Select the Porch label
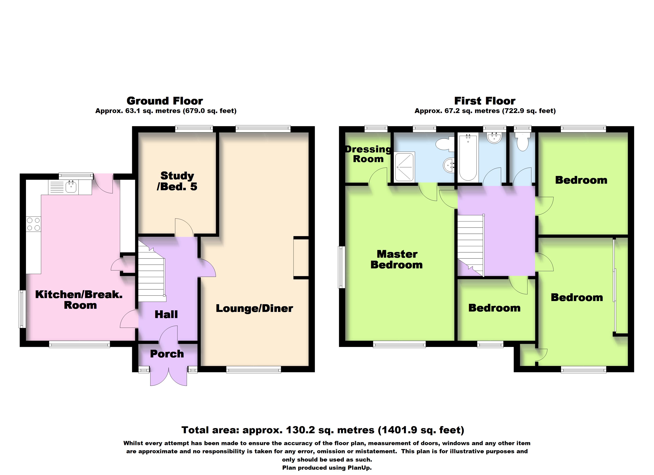(x=167, y=354)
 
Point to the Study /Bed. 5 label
(x=177, y=181)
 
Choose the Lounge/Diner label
(x=254, y=309)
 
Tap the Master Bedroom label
(x=397, y=259)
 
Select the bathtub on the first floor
(x=468, y=157)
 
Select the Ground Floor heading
(x=165, y=101)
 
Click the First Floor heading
(x=485, y=101)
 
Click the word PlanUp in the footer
(x=359, y=468)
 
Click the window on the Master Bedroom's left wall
(x=341, y=267)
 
